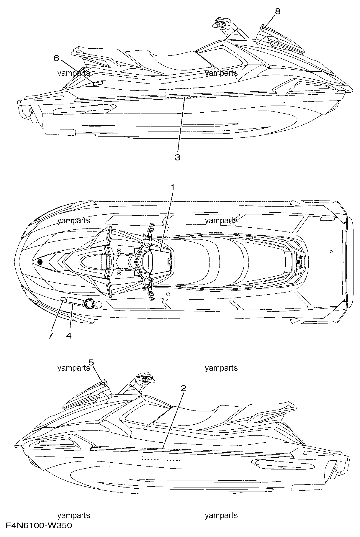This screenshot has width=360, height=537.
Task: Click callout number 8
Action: [x=278, y=12]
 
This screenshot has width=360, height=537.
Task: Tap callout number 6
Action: [x=56, y=58]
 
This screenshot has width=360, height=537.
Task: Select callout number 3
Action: [x=177, y=157]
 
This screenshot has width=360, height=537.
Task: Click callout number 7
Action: [x=50, y=335]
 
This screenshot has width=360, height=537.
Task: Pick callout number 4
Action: [x=69, y=335]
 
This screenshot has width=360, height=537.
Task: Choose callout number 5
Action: [x=91, y=362]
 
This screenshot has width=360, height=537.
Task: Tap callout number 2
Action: [x=184, y=388]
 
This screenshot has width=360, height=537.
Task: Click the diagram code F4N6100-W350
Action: [x=39, y=525]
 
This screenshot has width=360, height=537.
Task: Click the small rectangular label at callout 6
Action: [x=98, y=83]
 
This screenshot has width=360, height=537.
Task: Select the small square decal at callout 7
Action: [x=63, y=299]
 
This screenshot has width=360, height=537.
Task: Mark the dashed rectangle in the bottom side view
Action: [x=161, y=455]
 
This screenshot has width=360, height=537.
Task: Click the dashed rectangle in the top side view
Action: [x=184, y=92]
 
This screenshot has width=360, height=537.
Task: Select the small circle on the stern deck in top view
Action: [x=331, y=252]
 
